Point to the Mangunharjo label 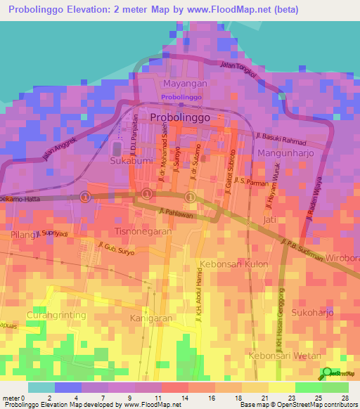click(x=284, y=152)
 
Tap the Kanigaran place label click(x=151, y=318)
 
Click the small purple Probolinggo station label click(x=175, y=97)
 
